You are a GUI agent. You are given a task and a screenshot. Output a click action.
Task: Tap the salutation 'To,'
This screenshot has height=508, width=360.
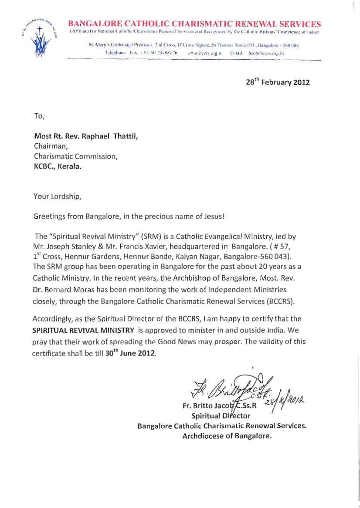point(39,116)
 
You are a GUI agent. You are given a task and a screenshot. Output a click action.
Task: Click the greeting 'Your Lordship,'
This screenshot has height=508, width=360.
point(57,196)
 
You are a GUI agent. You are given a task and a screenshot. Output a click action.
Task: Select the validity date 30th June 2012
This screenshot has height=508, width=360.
point(130,353)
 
